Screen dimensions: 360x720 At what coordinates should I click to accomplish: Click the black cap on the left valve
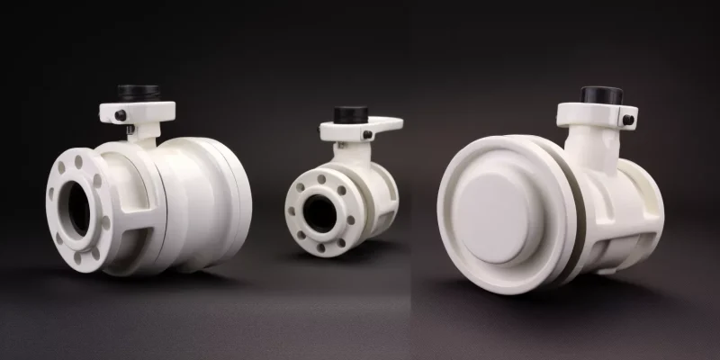click(138, 94)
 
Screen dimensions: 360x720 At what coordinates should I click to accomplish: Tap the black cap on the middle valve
click(350, 114)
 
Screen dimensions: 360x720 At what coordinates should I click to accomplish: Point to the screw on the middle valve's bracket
click(369, 135)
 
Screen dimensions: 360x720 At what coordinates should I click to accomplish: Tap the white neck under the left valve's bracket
click(141, 135)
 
